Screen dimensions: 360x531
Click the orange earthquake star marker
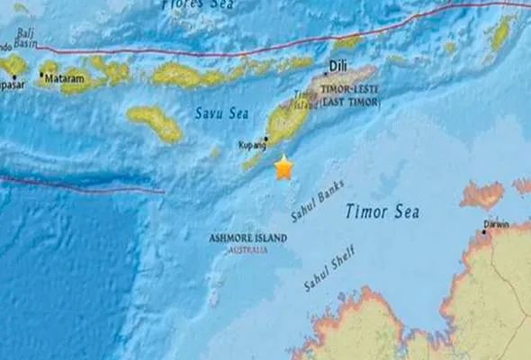(284, 166)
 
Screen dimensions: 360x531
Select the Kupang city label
(252, 144)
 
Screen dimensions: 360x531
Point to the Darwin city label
(494, 224)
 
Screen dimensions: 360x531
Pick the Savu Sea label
(216, 112)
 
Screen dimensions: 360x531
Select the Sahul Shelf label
(328, 267)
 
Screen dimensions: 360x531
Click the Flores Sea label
(196, 5)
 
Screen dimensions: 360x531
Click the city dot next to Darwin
(484, 232)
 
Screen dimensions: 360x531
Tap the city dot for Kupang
(265, 139)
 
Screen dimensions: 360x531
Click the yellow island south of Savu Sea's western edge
(156, 123)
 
